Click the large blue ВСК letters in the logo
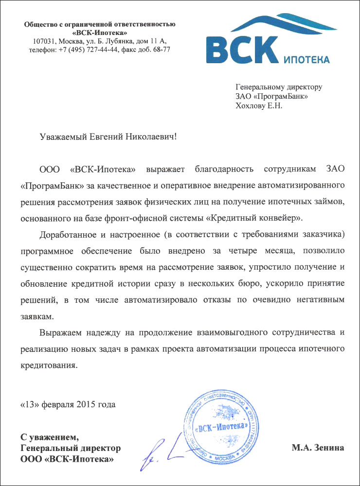coord(241,47)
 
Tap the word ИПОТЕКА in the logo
coord(306,60)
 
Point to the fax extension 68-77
coord(162,50)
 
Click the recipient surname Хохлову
coord(250,105)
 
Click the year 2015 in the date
coord(87,404)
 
